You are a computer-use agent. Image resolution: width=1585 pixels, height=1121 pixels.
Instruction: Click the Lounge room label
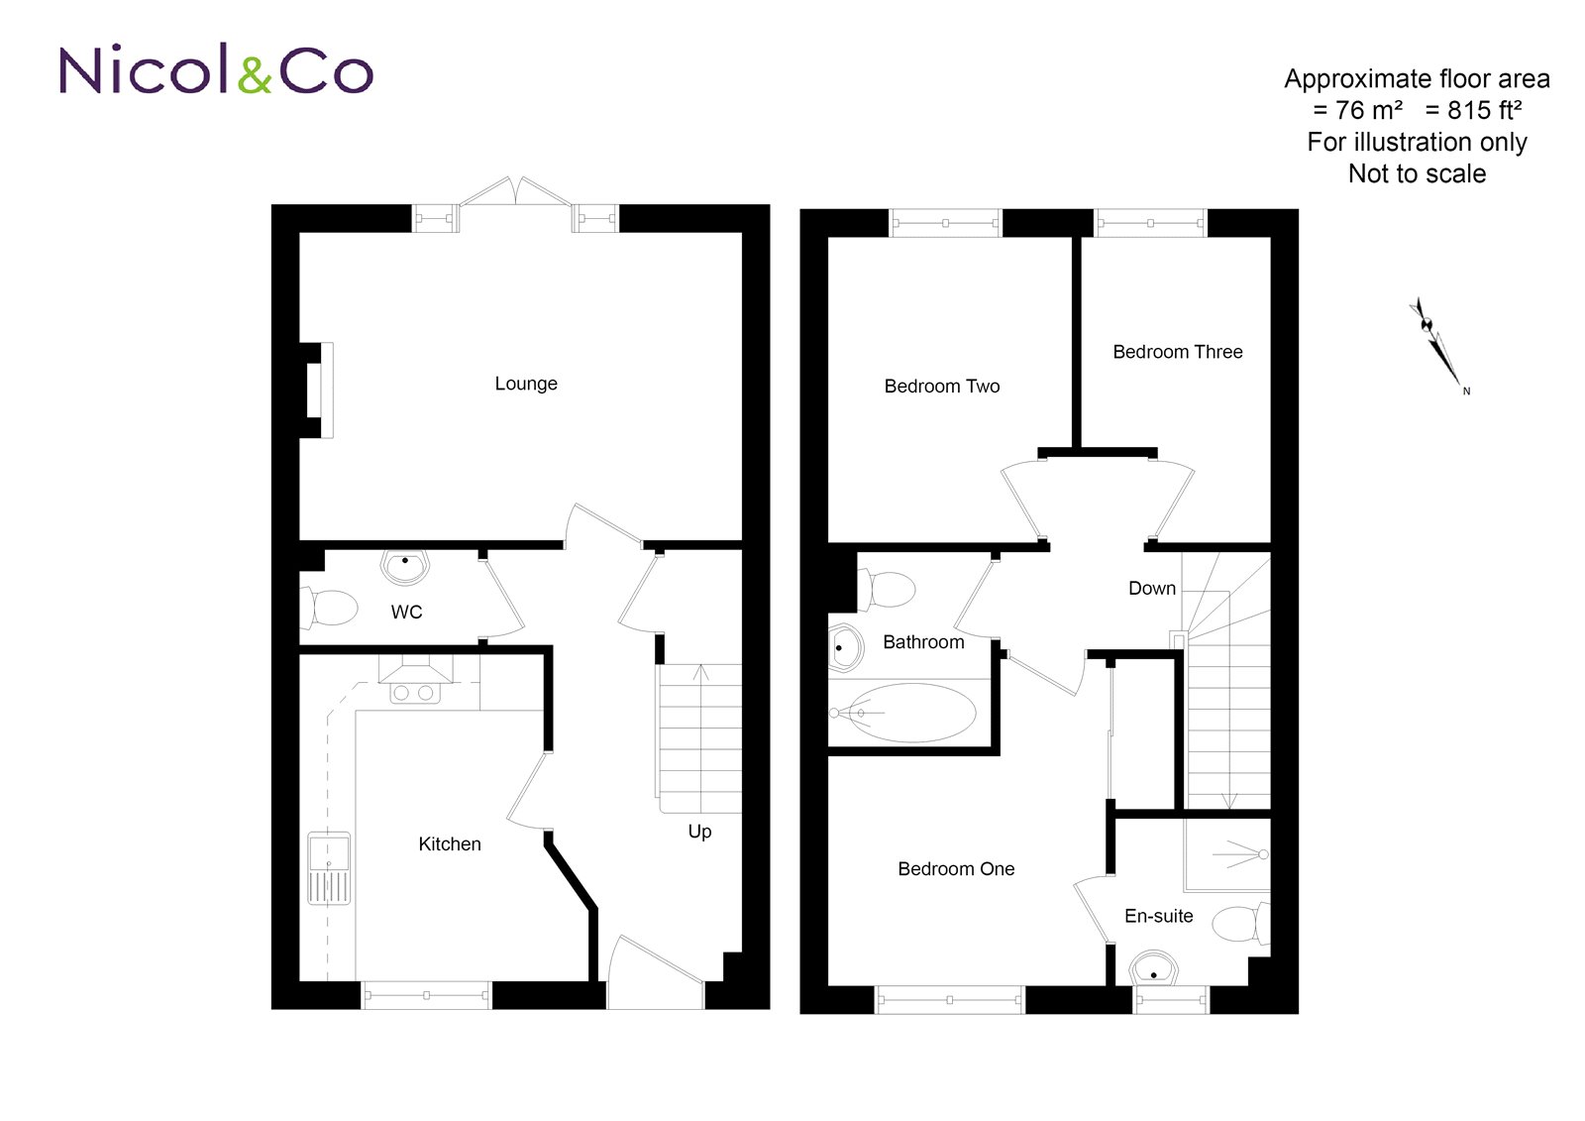[526, 384]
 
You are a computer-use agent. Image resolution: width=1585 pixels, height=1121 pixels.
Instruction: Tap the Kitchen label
[450, 844]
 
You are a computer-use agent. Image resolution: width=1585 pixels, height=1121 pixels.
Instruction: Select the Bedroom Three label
[1177, 352]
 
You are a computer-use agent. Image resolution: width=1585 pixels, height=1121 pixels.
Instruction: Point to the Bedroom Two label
[941, 387]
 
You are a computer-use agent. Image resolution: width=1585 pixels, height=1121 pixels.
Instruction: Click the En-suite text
[1158, 917]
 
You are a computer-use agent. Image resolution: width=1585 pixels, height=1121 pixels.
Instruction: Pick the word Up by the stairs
[699, 832]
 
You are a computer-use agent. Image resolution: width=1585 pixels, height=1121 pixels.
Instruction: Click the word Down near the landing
[1152, 589]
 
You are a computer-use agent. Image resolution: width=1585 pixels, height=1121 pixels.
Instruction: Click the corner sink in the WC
[404, 567]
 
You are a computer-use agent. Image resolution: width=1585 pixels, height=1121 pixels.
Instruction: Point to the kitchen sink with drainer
[329, 867]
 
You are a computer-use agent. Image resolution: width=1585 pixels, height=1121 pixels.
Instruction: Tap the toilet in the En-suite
[1238, 924]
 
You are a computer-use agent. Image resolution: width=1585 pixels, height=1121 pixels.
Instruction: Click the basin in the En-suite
[1154, 968]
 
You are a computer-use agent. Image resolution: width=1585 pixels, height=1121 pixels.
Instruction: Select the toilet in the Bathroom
[889, 589]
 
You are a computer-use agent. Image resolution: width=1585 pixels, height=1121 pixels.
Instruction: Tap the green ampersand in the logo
[255, 74]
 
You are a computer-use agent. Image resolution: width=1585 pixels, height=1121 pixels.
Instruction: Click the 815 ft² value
[1474, 110]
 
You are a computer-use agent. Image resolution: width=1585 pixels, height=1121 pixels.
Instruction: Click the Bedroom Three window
[1150, 224]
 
